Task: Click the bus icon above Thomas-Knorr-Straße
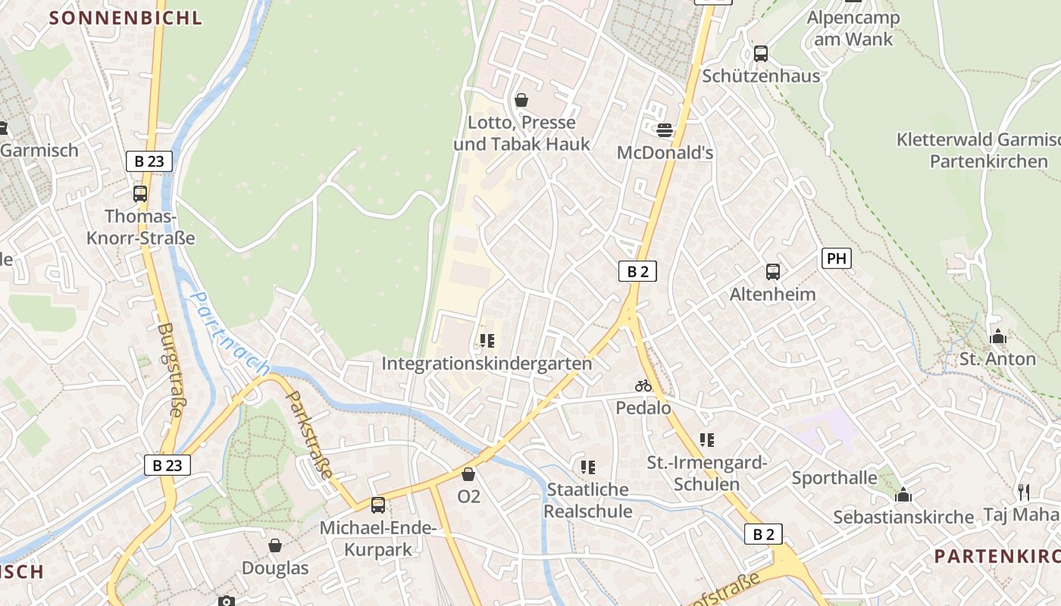point(140,194)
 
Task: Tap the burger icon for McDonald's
point(665,130)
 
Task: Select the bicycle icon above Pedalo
point(643,386)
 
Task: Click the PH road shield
point(836,258)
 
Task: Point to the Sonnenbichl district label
point(126,17)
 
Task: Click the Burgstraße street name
point(171,370)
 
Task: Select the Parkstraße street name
point(309,434)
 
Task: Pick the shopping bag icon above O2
point(468,474)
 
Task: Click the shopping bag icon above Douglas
point(275,545)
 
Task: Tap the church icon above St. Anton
point(997,336)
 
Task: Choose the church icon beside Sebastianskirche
point(903,495)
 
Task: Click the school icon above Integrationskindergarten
point(487,342)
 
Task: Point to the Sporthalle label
point(834,478)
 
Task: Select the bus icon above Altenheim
point(773,272)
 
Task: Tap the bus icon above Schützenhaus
point(761,54)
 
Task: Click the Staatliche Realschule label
point(588,500)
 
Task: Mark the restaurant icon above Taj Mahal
point(1024,492)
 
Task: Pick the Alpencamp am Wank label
point(853,28)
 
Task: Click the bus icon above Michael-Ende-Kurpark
point(377,505)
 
